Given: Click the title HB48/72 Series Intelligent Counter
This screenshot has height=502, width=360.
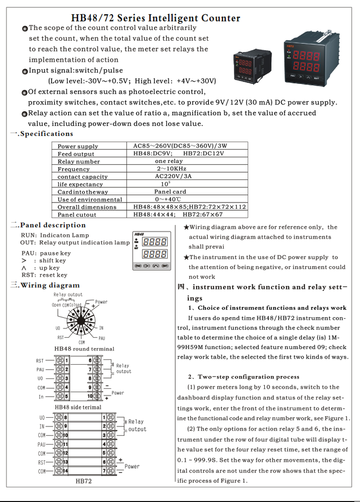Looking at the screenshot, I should pos(155,18).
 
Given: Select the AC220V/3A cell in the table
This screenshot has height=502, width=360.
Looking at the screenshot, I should pos(173,176).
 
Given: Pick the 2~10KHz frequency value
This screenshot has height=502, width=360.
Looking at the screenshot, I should pos(172,169).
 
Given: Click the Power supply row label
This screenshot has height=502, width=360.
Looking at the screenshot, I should pos(77,146).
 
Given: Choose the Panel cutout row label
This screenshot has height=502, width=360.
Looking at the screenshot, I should pos(77,214).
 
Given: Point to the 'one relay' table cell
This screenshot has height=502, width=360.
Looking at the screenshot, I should pos(168,161).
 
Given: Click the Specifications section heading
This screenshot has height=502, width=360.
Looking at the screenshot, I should pos(46,134).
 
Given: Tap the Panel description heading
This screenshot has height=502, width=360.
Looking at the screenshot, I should pos(52,225).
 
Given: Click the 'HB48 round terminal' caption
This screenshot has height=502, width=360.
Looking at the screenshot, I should pos(84,349).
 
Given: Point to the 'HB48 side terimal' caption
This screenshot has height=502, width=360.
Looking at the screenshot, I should pos(78,407).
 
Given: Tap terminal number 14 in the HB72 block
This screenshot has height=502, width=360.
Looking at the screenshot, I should pos(65,471).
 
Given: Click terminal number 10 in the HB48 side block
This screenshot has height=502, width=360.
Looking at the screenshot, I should pos(90,396).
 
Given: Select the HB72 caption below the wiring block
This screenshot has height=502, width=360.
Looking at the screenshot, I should pos(83,481).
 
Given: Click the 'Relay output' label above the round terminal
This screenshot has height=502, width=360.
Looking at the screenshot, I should pos(68,295).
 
